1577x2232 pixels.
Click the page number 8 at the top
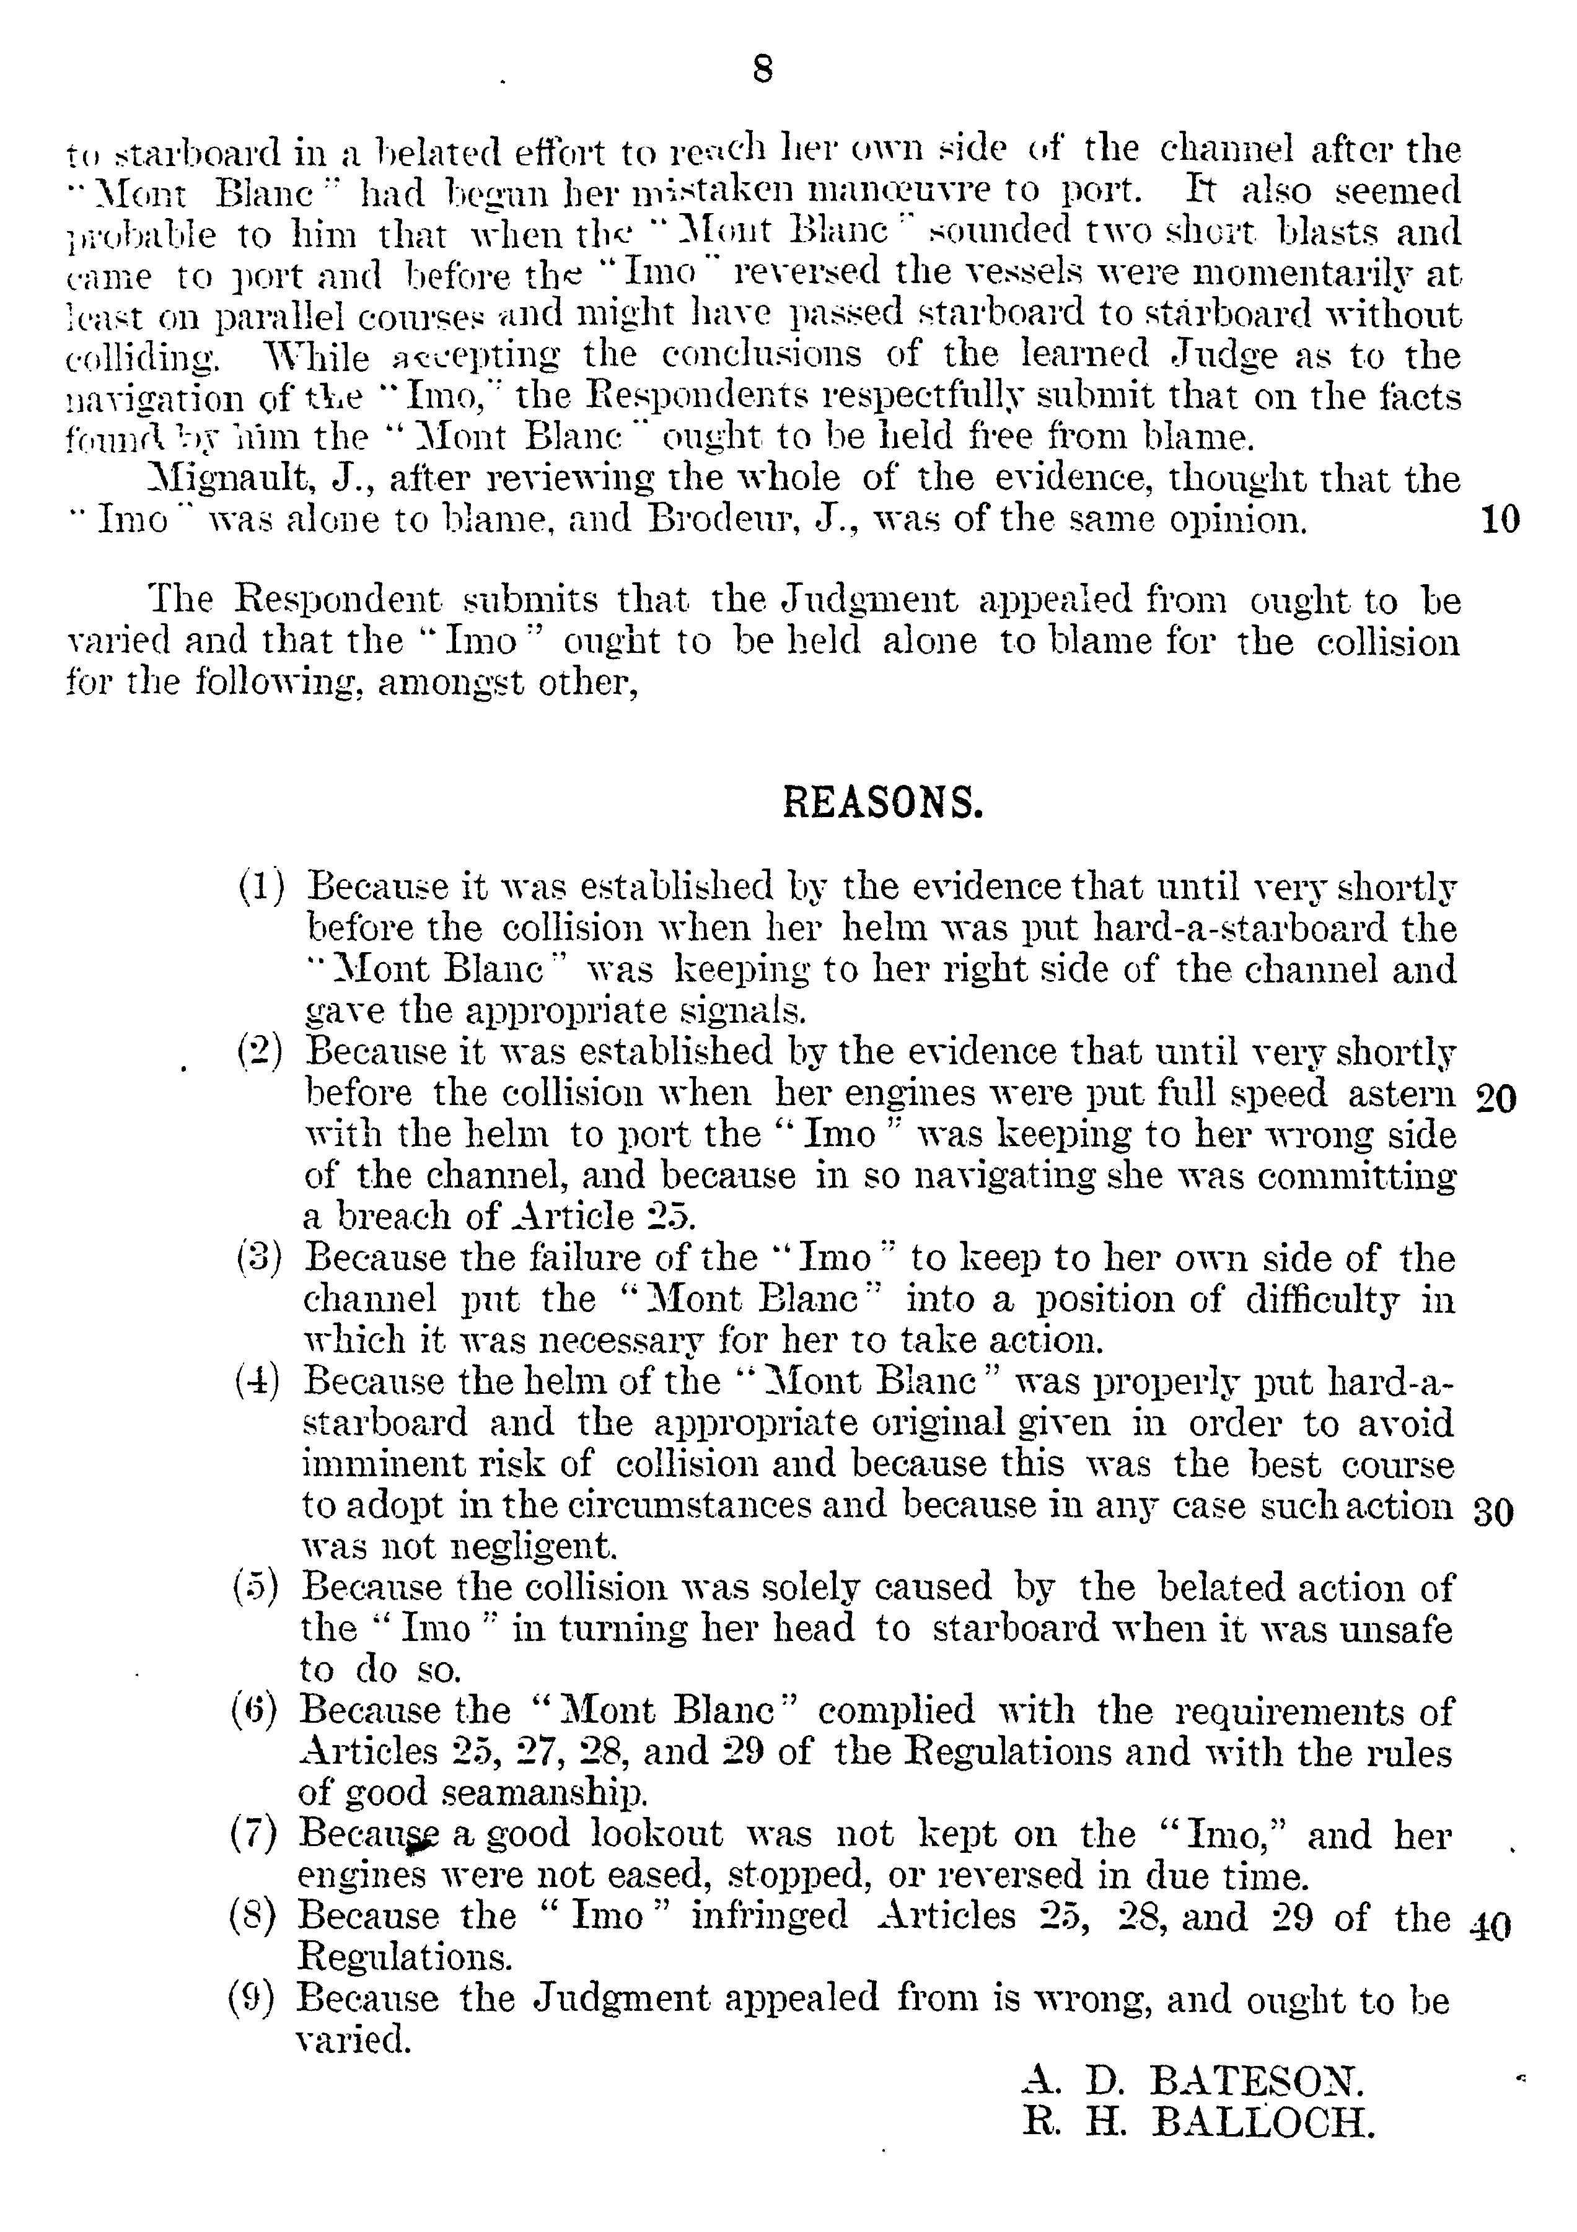[x=762, y=70]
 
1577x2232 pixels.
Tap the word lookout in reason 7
[x=657, y=1834]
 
